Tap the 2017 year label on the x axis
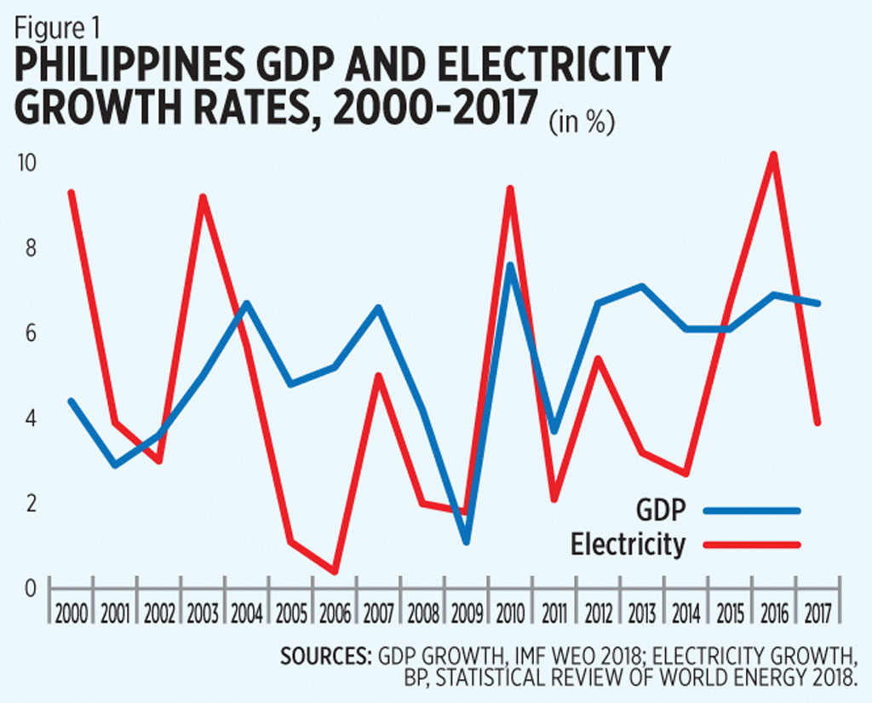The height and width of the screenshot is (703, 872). point(816,612)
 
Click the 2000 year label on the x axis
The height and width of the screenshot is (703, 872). point(72,612)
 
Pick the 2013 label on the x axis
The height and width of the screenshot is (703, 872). point(640,612)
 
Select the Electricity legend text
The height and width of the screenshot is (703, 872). point(628,544)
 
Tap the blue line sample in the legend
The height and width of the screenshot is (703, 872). point(752,510)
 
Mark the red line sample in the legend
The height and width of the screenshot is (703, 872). point(752,545)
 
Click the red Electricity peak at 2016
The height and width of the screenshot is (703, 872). point(772,155)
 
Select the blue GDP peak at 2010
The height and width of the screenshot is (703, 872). point(509,265)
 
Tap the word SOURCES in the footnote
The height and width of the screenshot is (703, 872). point(323,657)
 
